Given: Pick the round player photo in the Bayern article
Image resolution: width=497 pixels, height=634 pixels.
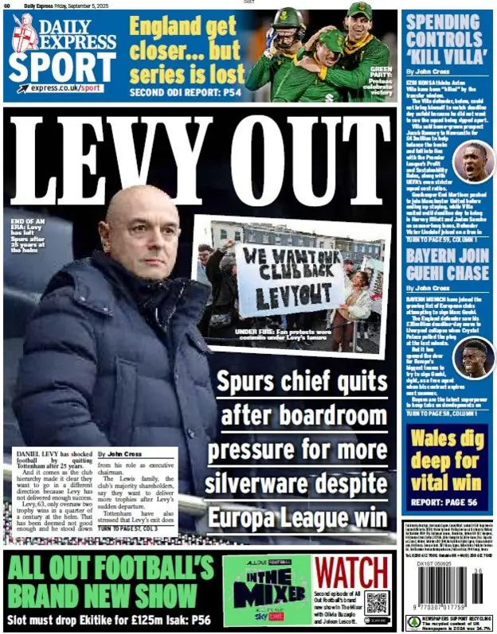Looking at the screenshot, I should [473, 357].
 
